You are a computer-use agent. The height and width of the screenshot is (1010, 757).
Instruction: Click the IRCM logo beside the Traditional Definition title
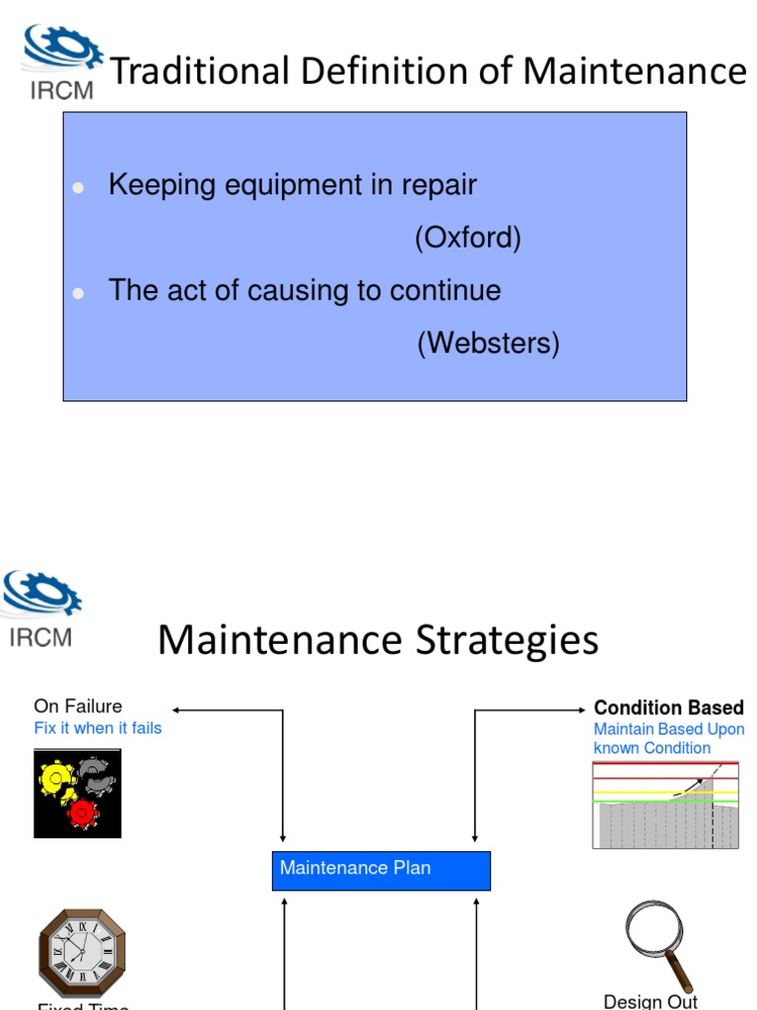pos(60,62)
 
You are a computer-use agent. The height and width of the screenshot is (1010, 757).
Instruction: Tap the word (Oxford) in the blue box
pos(467,238)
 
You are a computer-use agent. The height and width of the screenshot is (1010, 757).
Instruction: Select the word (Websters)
pos(488,343)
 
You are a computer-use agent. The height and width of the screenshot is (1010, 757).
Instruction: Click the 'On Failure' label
pos(78,706)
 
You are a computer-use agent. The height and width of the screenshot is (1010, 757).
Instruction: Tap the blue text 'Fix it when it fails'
pos(98,728)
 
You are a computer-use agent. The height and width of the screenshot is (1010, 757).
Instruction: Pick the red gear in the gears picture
pos(83,813)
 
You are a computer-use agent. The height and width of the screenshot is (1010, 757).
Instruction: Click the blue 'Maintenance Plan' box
pos(380,869)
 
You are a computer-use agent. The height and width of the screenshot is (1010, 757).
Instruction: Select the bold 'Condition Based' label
pos(668,708)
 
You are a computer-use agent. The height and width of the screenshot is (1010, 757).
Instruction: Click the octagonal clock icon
pos(83,953)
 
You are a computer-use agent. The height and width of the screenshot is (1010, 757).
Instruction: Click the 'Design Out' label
pos(651,1000)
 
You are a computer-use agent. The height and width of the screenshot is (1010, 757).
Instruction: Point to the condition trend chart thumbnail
pos(665,805)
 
